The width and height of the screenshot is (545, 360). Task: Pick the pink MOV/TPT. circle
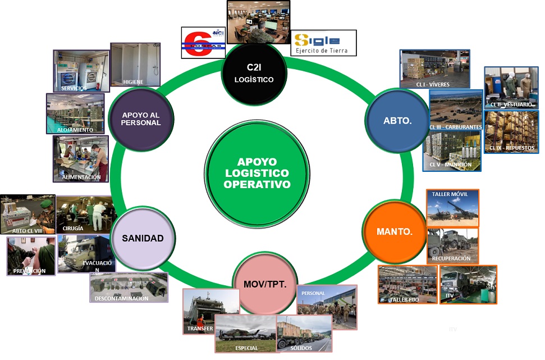point(265,284)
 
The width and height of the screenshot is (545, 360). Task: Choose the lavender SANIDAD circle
point(143,238)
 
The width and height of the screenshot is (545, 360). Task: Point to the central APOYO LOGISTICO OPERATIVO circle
point(257,172)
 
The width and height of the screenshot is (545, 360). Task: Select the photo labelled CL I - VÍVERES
point(434,69)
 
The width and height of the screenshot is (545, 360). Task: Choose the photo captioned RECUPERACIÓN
point(452,245)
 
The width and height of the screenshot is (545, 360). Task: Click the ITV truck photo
point(468,284)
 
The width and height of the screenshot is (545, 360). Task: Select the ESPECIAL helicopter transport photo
point(245,333)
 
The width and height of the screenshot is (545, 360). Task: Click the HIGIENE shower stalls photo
point(135,64)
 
